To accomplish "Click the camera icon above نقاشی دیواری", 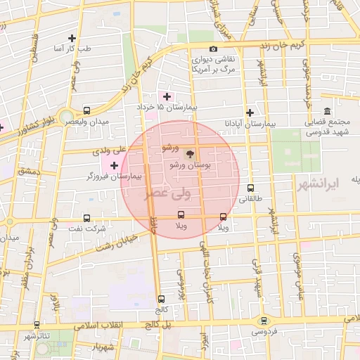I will pyautogui.click(x=213, y=49).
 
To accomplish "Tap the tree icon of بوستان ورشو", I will pyautogui.click(x=188, y=153).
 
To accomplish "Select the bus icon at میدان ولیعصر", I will pyautogui.click(x=86, y=111).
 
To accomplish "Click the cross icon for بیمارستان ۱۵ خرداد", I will pyautogui.click(x=167, y=96).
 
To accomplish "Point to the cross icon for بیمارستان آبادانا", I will pyautogui.click(x=250, y=112).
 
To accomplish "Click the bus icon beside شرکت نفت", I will pyautogui.click(x=86, y=218).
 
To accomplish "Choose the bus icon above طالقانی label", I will pyautogui.click(x=251, y=188).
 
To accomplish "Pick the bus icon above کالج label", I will pyautogui.click(x=162, y=299).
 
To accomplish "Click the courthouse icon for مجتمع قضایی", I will pyautogui.click(x=328, y=112).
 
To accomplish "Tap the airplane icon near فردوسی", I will pyautogui.click(x=264, y=320).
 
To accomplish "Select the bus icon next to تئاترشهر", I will pyautogui.click(x=37, y=325).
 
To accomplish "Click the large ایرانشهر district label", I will pyautogui.click(x=333, y=183).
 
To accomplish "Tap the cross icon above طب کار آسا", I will pyautogui.click(x=72, y=38).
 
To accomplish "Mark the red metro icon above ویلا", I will pyautogui.click(x=224, y=217).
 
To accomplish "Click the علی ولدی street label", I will pyautogui.click(x=108, y=150).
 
